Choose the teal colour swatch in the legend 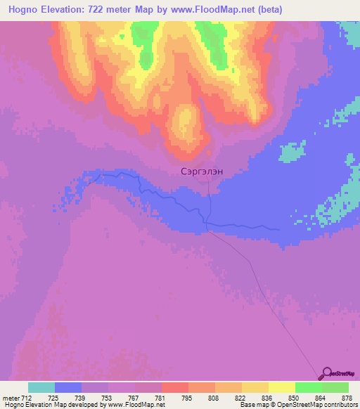click(41, 387)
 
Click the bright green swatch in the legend click(308, 387)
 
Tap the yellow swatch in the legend click(281, 387)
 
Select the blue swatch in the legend click(68, 387)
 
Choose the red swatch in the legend click(174, 387)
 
